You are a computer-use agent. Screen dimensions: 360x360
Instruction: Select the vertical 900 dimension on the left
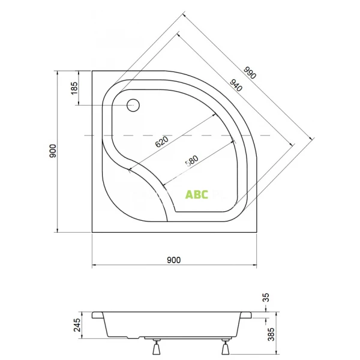click(53, 151)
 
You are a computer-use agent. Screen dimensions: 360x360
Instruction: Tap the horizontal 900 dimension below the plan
click(173, 260)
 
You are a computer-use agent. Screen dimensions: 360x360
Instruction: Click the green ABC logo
click(196, 194)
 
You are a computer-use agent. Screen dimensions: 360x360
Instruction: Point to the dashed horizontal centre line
click(180, 136)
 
